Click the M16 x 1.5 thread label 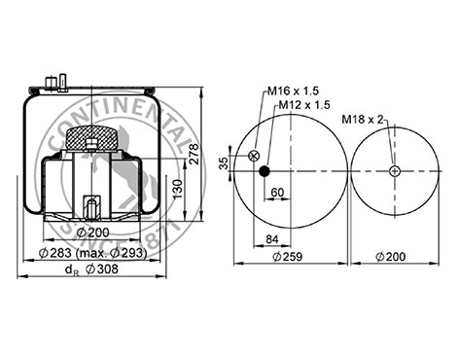[293, 90]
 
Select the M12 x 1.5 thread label [304, 105]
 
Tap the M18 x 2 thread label [363, 120]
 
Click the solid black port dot [265, 171]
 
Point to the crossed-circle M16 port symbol [254, 156]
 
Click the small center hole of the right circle [395, 171]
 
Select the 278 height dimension [194, 154]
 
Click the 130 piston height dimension [177, 190]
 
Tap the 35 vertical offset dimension [224, 163]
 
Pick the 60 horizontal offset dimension [277, 193]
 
